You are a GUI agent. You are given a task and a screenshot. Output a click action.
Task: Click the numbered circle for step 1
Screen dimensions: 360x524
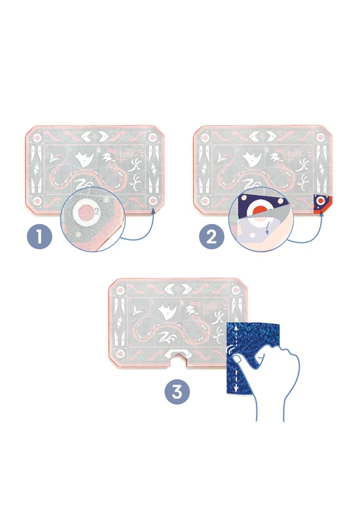(x=39, y=237)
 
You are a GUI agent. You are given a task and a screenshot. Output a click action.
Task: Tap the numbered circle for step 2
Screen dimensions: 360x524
(x=211, y=237)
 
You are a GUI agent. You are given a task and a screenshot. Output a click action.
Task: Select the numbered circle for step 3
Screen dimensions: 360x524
(x=177, y=391)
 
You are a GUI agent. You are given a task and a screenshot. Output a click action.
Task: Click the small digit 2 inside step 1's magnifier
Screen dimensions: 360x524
(x=97, y=211)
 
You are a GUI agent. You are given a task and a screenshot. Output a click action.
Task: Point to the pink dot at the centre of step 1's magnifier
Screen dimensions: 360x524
(x=87, y=211)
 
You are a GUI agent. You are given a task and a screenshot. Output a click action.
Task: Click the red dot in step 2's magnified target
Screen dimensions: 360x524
(x=260, y=210)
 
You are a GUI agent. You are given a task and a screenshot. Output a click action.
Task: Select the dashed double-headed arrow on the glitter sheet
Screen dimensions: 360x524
(x=236, y=358)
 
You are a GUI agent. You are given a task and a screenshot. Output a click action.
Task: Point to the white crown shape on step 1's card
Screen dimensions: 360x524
(x=82, y=159)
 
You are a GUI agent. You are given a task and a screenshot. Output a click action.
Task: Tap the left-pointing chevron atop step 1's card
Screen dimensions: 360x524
(x=86, y=136)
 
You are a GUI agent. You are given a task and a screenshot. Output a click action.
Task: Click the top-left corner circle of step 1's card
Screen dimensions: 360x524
(x=37, y=138)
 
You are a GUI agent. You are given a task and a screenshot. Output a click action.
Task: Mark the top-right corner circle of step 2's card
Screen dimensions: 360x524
(x=321, y=138)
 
